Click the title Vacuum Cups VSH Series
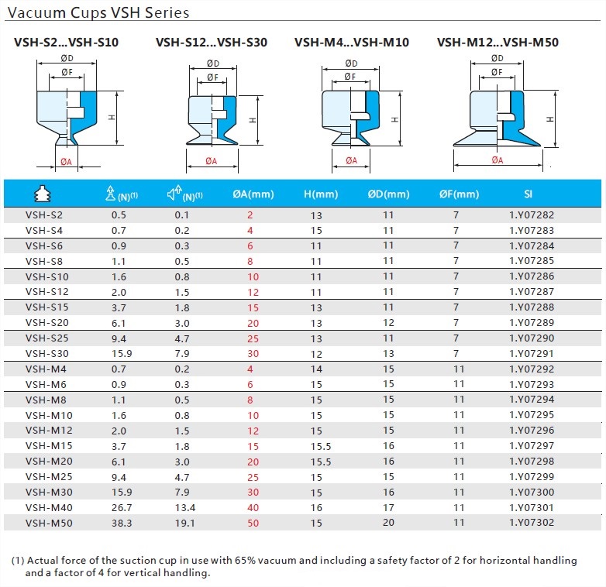click(x=98, y=13)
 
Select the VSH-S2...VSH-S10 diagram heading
click(x=66, y=43)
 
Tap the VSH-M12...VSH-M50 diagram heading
click(x=497, y=43)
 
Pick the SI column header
click(x=528, y=194)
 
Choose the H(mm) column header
click(x=320, y=194)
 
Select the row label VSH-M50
click(x=47, y=523)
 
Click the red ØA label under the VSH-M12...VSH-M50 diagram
click(x=497, y=160)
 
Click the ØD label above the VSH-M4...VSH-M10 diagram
click(x=351, y=63)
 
